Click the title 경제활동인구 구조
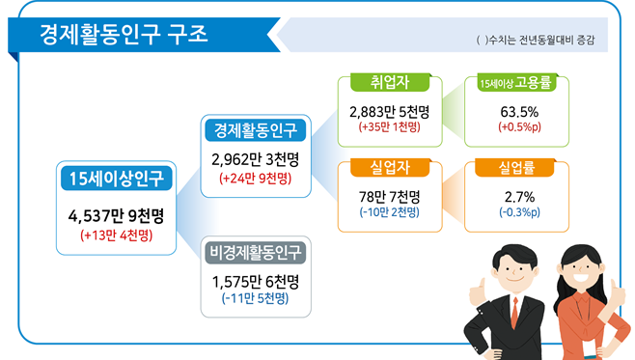[123, 35]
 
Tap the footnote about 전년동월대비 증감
[536, 42]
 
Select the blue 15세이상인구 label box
[116, 178]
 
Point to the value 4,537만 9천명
[116, 214]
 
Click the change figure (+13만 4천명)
[116, 235]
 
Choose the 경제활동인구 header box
[255, 129]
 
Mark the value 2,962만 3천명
[255, 159]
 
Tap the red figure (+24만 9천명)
[255, 179]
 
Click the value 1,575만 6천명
[255, 282]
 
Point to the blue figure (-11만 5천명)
[255, 299]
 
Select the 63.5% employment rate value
[518, 111]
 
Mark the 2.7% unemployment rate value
[518, 196]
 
